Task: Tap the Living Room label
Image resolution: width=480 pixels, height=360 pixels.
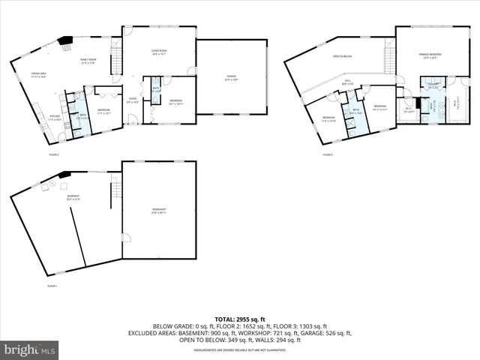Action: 159,53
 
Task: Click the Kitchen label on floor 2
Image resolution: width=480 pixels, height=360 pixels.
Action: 55,117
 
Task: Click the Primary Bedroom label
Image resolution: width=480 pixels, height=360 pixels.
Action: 430,55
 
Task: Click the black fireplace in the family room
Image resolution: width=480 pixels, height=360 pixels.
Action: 67,41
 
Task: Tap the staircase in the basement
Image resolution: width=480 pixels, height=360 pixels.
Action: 115,193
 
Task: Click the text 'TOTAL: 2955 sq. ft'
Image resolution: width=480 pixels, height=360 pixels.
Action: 240,319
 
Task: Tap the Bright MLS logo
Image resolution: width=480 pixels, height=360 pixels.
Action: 30,350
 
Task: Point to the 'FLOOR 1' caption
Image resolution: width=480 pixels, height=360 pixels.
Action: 52,286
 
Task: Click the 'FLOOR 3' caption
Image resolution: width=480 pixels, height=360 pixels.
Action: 327,154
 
